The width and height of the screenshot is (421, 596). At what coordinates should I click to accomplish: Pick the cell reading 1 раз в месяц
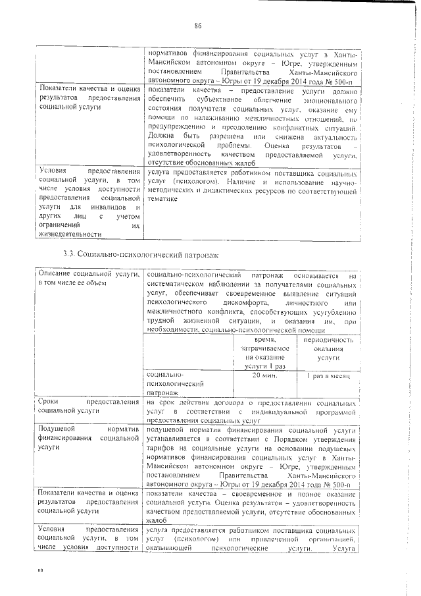(328, 375)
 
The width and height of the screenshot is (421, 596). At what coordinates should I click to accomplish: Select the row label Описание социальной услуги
(88, 278)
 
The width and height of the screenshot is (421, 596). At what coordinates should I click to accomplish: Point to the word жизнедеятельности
(70, 233)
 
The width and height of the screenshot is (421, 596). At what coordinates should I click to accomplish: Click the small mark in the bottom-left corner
(39, 570)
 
